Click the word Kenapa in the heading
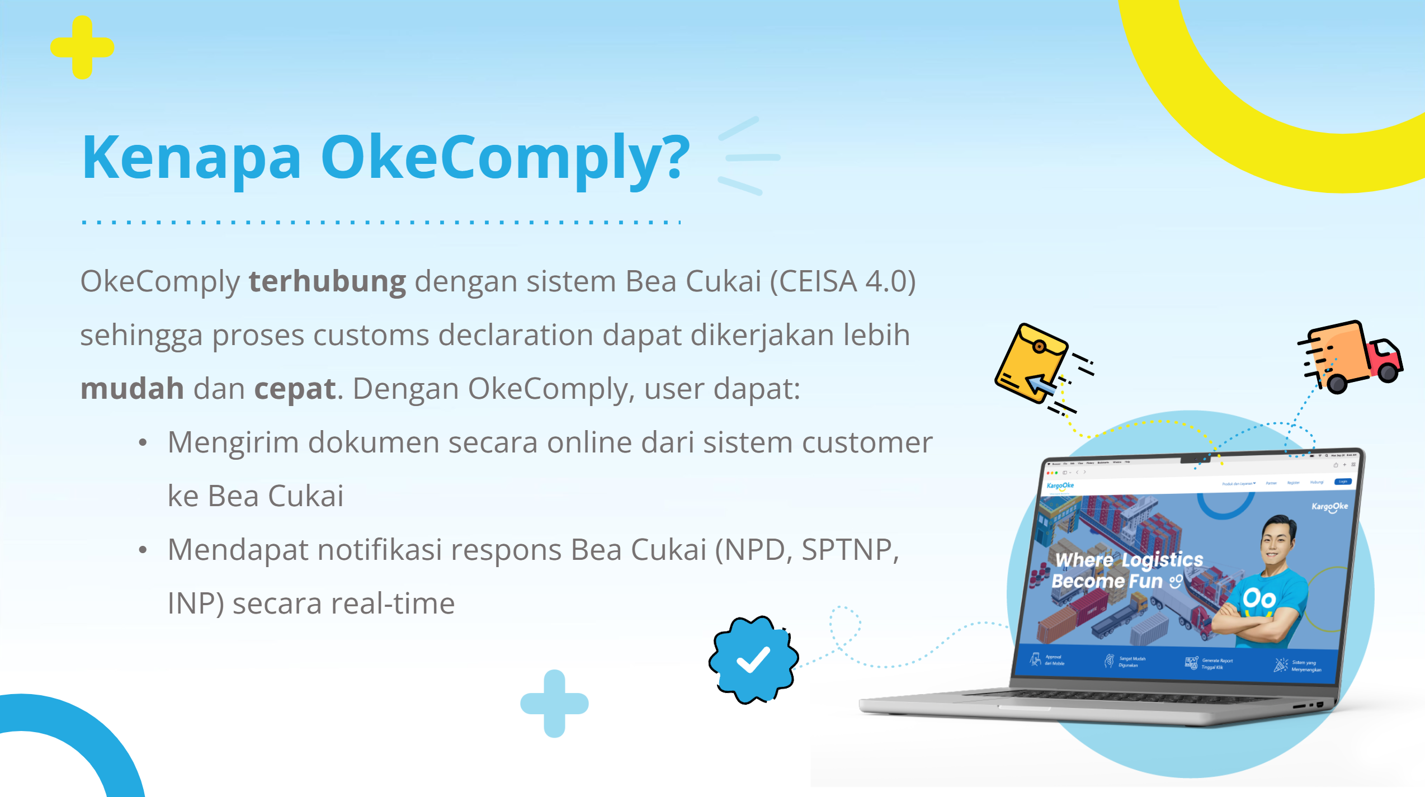[191, 158]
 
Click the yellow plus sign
[82, 48]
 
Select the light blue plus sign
[554, 703]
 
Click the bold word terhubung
[327, 281]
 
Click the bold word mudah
[132, 389]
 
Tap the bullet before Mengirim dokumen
[143, 443]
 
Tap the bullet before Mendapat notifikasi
[143, 550]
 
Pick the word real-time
[392, 604]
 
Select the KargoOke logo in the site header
[1060, 485]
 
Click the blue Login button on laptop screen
[1343, 482]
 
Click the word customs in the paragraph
[370, 336]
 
